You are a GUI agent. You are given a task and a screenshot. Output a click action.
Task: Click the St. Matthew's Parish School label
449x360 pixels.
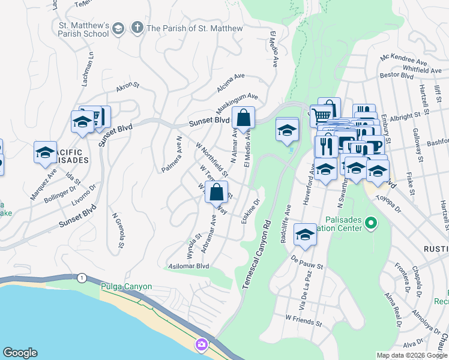tap(80, 29)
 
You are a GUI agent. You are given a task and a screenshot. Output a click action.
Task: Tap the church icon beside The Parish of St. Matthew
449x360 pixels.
tap(137, 28)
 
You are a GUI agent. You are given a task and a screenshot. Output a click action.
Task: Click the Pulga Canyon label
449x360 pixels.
tap(126, 287)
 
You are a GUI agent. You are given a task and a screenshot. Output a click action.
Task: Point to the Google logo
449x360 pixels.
tap(20, 353)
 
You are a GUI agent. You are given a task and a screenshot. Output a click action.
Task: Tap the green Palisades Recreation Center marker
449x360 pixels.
tap(371, 224)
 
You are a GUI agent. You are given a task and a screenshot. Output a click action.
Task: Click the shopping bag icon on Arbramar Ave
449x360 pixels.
tap(216, 193)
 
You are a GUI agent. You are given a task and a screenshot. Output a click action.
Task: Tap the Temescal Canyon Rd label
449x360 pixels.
tap(258, 254)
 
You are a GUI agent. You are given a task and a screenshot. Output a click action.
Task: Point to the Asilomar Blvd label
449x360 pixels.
tap(188, 266)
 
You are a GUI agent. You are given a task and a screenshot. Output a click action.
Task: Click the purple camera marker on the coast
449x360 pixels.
tap(200, 344)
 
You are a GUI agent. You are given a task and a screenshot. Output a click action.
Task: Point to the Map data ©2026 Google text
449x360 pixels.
tap(412, 355)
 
